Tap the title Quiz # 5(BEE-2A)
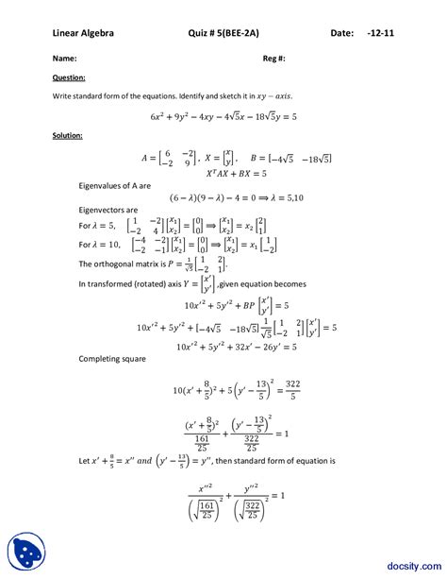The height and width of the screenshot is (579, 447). (x=226, y=34)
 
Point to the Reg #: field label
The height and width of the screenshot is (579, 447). (x=273, y=58)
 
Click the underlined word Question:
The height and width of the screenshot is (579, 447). (x=69, y=77)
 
